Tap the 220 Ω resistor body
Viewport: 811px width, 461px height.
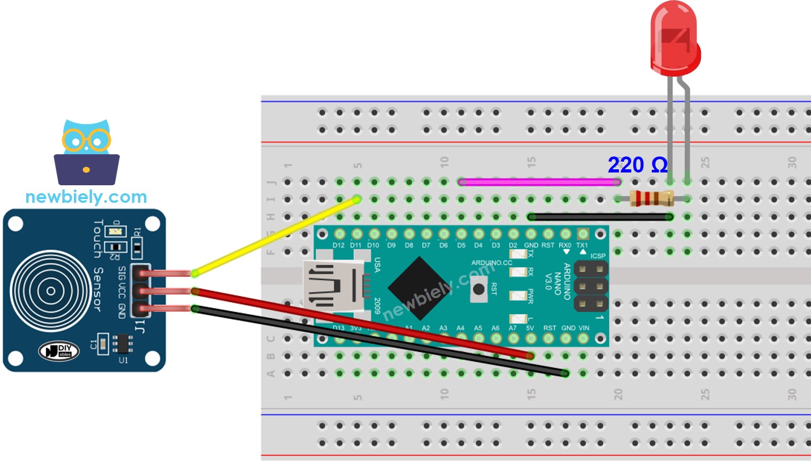pyautogui.click(x=651, y=199)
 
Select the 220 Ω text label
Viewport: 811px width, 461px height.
pyautogui.click(x=638, y=165)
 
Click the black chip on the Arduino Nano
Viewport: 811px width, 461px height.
pyautogui.click(x=420, y=288)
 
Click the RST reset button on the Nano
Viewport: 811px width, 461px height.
pyautogui.click(x=478, y=289)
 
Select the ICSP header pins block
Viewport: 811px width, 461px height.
pyautogui.click(x=591, y=286)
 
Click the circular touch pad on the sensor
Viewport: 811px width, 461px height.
pyautogui.click(x=51, y=291)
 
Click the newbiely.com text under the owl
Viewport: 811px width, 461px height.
pyautogui.click(x=86, y=197)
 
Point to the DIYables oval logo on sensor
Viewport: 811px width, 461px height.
pyautogui.click(x=59, y=351)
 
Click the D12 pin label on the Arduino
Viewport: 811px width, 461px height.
pyautogui.click(x=338, y=245)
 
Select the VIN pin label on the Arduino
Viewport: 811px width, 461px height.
pyautogui.click(x=583, y=328)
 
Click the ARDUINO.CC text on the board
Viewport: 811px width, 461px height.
pyautogui.click(x=491, y=263)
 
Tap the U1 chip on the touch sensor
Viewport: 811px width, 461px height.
pyautogui.click(x=122, y=343)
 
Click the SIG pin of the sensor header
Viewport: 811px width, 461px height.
pyautogui.click(x=139, y=274)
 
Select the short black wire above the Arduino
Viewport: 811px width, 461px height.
pyautogui.click(x=600, y=217)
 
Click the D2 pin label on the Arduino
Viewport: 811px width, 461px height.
pyautogui.click(x=513, y=245)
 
